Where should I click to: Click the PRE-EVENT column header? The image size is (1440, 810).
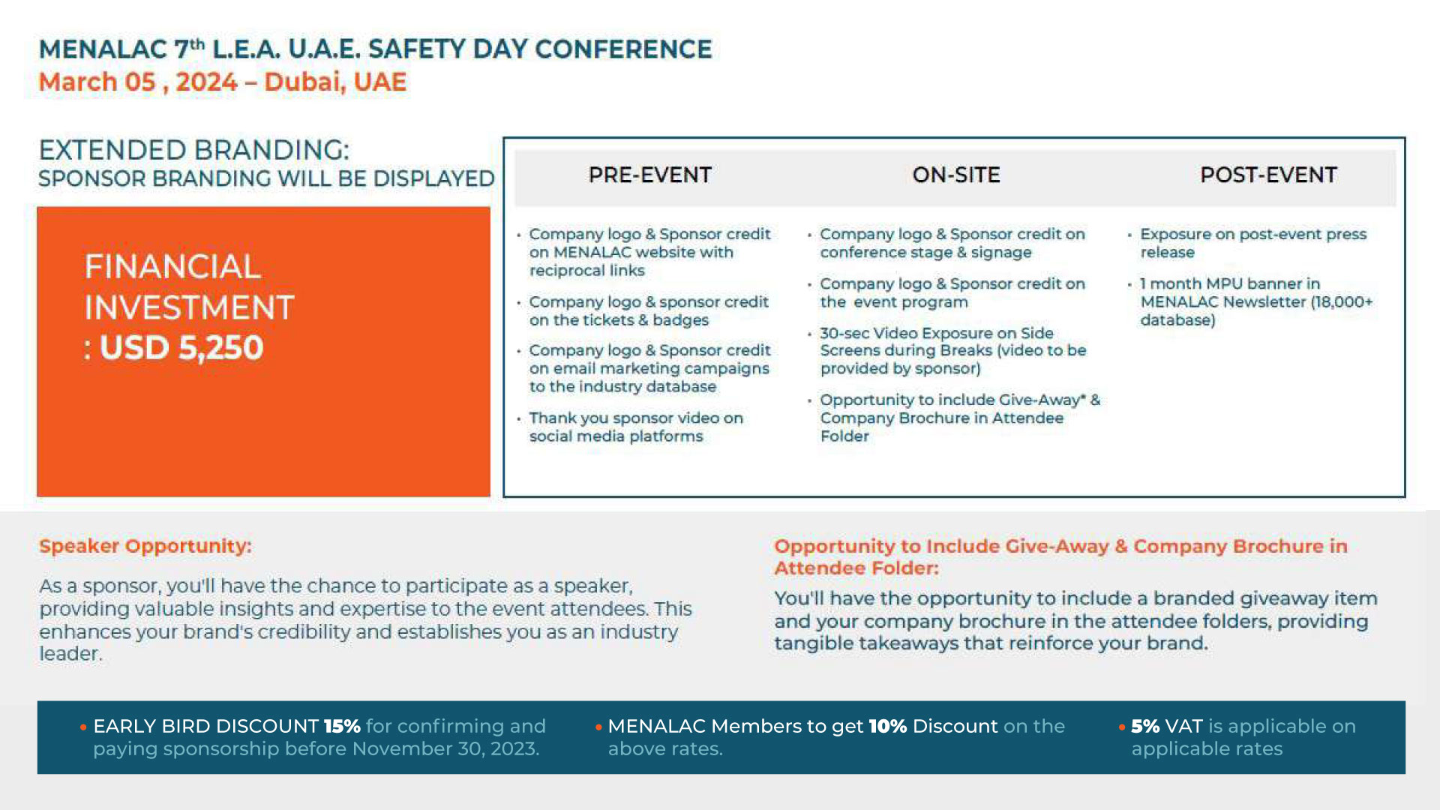[649, 175]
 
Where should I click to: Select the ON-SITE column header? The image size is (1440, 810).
[956, 175]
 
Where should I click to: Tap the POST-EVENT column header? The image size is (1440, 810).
[1268, 175]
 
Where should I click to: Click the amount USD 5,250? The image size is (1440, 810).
[181, 348]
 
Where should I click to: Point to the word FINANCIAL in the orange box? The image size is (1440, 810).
[172, 267]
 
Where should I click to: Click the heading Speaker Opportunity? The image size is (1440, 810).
[145, 546]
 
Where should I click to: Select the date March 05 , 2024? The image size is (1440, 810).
[138, 82]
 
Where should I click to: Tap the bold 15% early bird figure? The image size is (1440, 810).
[342, 726]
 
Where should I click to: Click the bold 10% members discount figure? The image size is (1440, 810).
[887, 726]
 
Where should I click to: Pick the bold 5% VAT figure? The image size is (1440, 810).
[1145, 726]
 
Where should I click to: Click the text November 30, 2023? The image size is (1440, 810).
[445, 748]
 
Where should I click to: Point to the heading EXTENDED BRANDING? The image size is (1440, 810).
[194, 150]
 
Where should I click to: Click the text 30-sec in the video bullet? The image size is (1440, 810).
[844, 333]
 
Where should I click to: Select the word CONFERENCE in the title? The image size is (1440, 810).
[623, 49]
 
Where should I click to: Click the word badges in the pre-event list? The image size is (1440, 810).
[680, 320]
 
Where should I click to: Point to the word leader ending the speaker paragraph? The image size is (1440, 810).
[69, 654]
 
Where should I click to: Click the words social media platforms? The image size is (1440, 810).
[616, 436]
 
